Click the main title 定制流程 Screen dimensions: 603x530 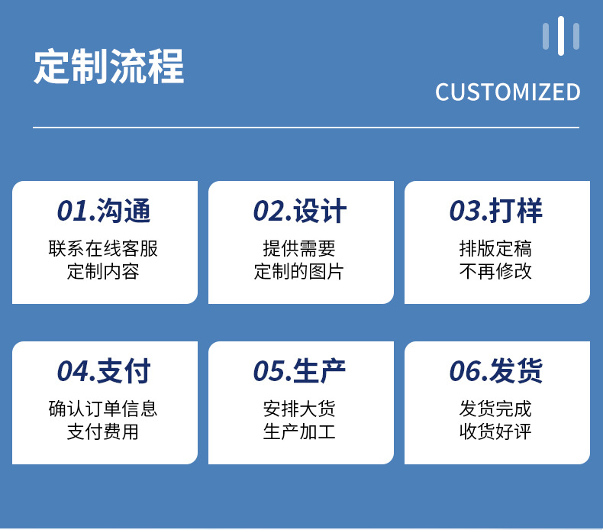(109, 66)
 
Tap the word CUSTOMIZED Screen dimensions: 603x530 (508, 92)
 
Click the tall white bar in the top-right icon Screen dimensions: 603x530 (561, 36)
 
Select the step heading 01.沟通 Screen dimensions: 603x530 (104, 211)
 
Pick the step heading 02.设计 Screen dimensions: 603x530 (300, 211)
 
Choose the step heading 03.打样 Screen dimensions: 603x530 (496, 211)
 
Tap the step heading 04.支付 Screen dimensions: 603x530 (104, 370)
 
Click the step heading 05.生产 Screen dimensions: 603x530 (299, 370)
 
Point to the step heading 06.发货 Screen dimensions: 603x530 (496, 370)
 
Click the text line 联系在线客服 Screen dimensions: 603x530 (103, 248)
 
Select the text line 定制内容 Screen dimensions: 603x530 (103, 271)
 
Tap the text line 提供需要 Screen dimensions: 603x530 (299, 248)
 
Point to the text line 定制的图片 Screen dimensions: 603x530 (298, 271)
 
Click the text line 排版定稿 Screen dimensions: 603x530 (495, 248)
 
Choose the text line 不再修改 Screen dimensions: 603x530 (495, 271)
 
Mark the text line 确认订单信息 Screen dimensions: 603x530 (103, 409)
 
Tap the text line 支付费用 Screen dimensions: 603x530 (103, 431)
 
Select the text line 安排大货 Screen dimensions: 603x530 (299, 409)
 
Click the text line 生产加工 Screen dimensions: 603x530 (299, 431)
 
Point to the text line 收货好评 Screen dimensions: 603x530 (495, 431)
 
